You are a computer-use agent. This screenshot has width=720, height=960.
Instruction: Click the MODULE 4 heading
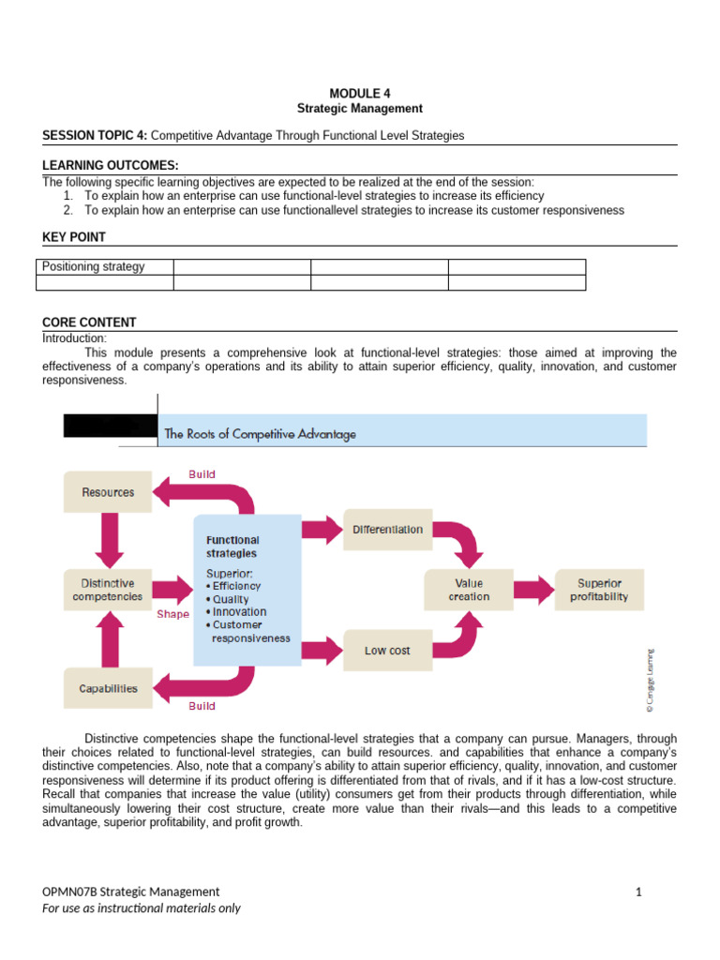tap(360, 93)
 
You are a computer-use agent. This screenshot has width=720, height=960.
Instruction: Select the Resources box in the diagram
tap(108, 492)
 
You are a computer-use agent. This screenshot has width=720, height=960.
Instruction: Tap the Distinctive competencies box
tap(108, 589)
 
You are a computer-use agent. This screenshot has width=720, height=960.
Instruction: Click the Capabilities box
tap(108, 688)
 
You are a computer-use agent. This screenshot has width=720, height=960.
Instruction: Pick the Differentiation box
tap(387, 530)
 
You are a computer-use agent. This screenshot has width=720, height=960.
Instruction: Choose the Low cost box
tap(387, 651)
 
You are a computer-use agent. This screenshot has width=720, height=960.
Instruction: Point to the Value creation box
tap(469, 589)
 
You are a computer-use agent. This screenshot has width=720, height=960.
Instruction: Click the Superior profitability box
tap(599, 589)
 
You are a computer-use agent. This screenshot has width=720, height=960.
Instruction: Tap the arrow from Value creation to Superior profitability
tap(533, 589)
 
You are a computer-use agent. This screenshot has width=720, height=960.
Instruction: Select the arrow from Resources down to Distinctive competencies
tap(108, 540)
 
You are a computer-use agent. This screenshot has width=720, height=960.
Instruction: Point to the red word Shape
tap(172, 615)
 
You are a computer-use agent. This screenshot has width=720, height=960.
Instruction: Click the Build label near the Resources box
tap(202, 474)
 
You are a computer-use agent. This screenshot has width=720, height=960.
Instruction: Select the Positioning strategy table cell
tap(104, 266)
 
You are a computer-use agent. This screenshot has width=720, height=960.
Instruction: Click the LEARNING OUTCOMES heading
tap(111, 165)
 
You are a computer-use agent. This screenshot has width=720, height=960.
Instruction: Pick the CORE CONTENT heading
tap(89, 322)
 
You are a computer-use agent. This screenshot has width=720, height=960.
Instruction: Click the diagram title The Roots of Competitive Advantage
tap(260, 434)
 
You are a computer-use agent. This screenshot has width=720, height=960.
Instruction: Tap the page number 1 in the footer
tap(638, 892)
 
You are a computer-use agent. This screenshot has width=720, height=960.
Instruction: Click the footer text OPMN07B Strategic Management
tap(131, 892)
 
